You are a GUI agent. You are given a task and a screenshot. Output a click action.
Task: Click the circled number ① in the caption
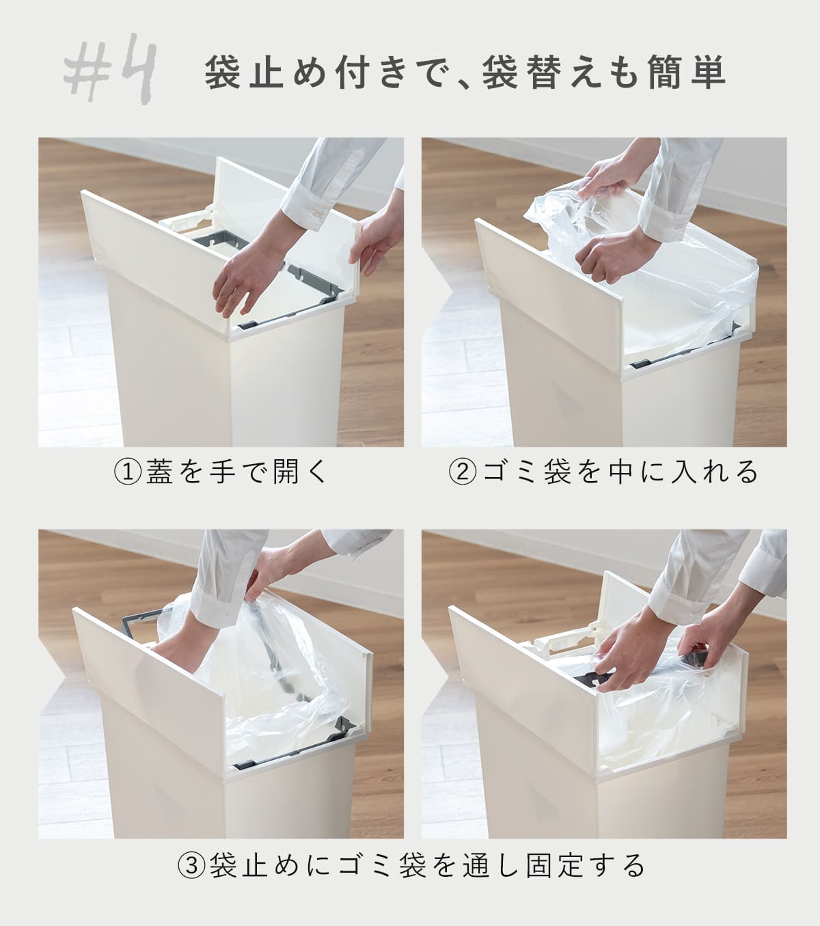coord(127,472)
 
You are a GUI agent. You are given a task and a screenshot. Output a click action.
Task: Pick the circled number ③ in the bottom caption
coord(191,866)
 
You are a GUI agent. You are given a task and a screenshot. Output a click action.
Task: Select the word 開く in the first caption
coord(301,472)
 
